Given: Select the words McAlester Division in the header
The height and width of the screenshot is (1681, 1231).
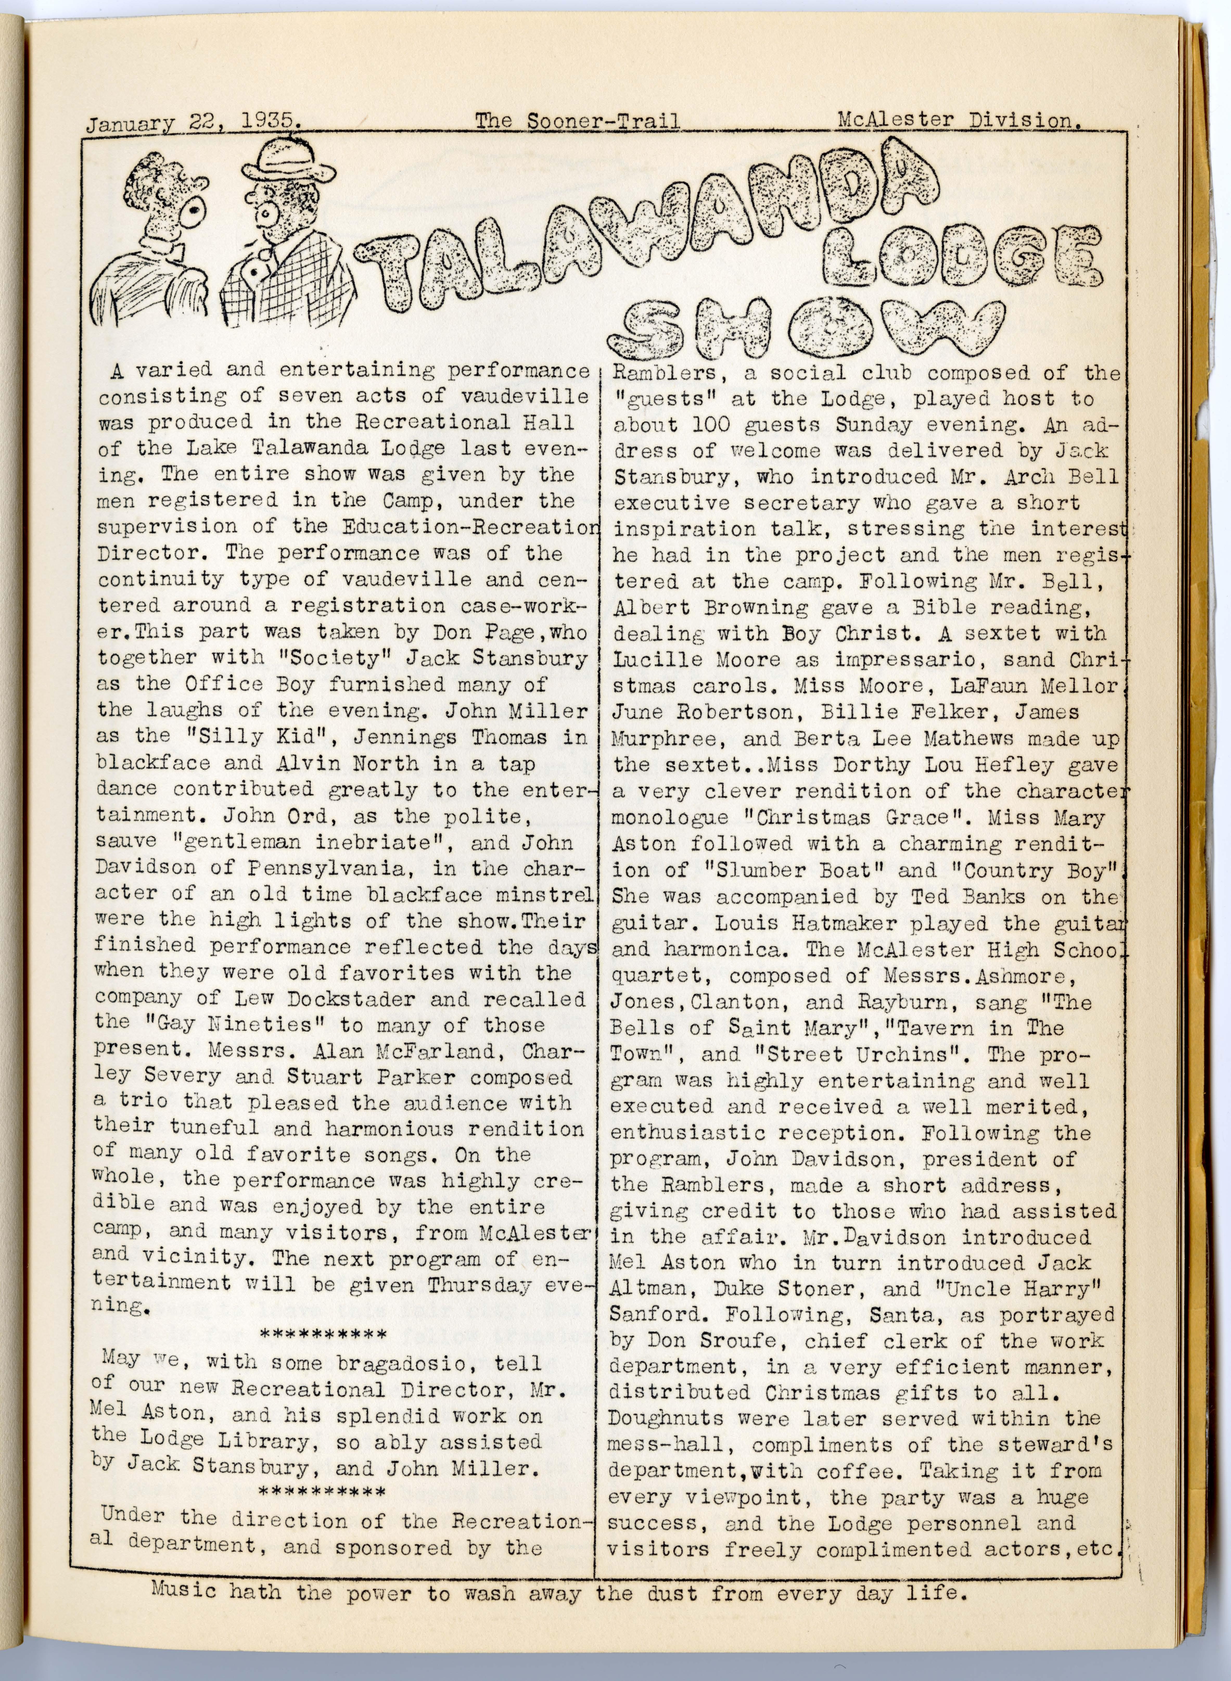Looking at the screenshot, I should point(959,119).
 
